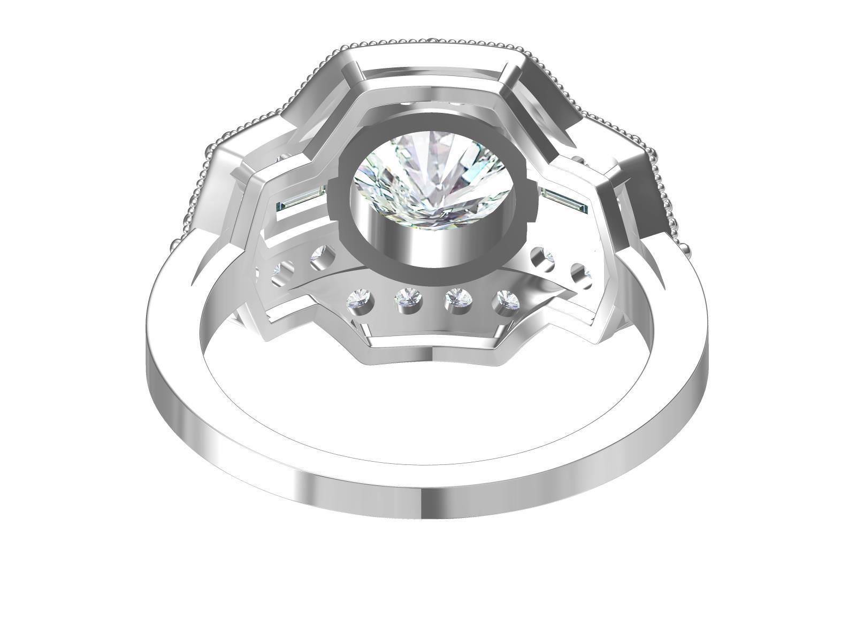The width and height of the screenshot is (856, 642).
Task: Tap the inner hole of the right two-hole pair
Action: pos(542,257)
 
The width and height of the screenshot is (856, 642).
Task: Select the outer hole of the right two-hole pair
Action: pos(580,273)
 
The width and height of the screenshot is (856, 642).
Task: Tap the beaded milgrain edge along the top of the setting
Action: pos(428,41)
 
